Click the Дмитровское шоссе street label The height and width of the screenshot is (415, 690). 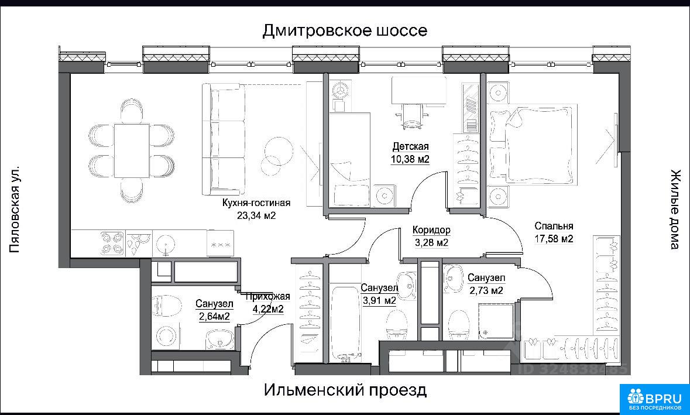click(345, 31)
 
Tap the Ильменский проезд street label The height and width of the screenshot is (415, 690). click(345, 389)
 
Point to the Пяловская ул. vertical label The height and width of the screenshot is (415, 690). click(15, 210)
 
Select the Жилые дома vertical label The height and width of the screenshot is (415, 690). click(675, 209)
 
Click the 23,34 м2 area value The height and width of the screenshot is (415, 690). click(257, 215)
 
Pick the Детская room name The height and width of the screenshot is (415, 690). click(410, 146)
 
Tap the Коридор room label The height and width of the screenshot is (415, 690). click(431, 229)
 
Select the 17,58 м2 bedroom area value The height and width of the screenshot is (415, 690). click(554, 239)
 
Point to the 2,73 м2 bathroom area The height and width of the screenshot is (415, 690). click(486, 290)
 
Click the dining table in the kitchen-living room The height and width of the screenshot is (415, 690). click(132, 150)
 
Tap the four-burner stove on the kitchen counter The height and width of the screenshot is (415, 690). click(111, 243)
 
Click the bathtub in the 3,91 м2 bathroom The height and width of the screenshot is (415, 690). click(347, 323)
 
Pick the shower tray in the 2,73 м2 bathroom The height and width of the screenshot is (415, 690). click(496, 321)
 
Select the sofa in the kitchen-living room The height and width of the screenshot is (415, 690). click(224, 139)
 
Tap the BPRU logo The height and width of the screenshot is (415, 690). click(655, 398)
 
